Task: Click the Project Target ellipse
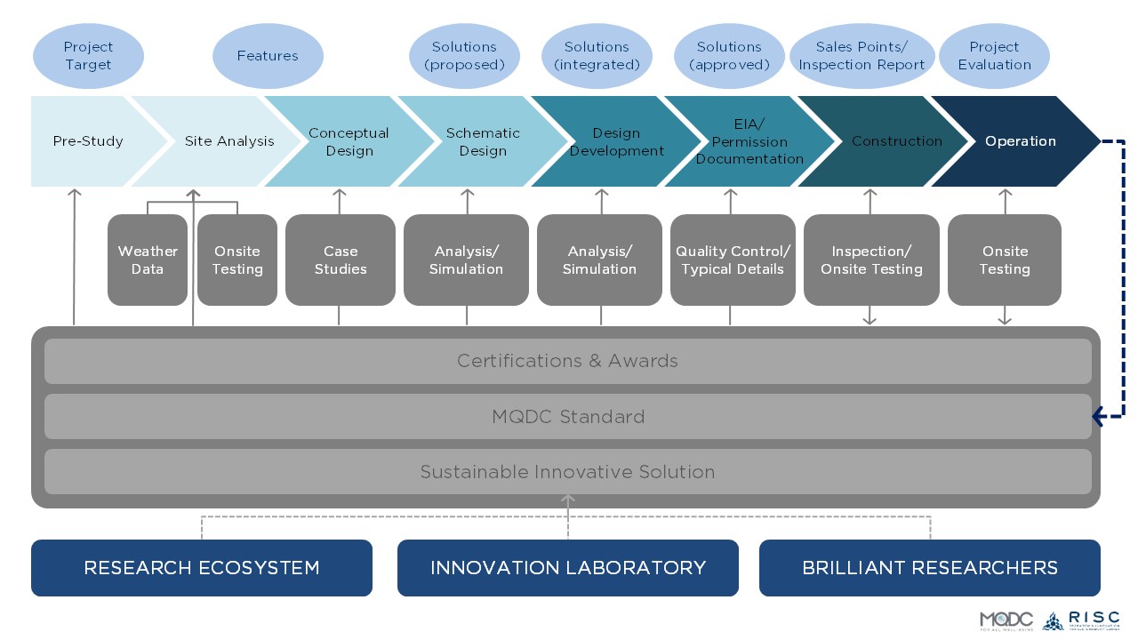[x=88, y=56]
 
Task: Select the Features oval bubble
[x=268, y=56]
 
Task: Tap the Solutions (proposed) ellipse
[x=464, y=56]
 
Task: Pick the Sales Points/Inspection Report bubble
[x=862, y=56]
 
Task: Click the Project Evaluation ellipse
[x=994, y=56]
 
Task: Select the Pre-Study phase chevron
[x=88, y=141]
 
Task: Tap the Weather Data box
[x=148, y=260]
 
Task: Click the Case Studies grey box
[x=340, y=260]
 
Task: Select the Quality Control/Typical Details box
[x=733, y=260]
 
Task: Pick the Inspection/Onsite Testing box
[x=871, y=260]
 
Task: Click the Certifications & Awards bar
[x=567, y=361]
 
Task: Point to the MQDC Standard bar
[x=567, y=416]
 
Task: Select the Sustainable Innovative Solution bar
[x=567, y=471]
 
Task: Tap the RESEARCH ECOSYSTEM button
[x=202, y=567]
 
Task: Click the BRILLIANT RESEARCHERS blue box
[x=929, y=567]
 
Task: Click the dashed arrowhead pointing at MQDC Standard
[x=1099, y=416]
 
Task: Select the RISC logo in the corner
[x=1081, y=620]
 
